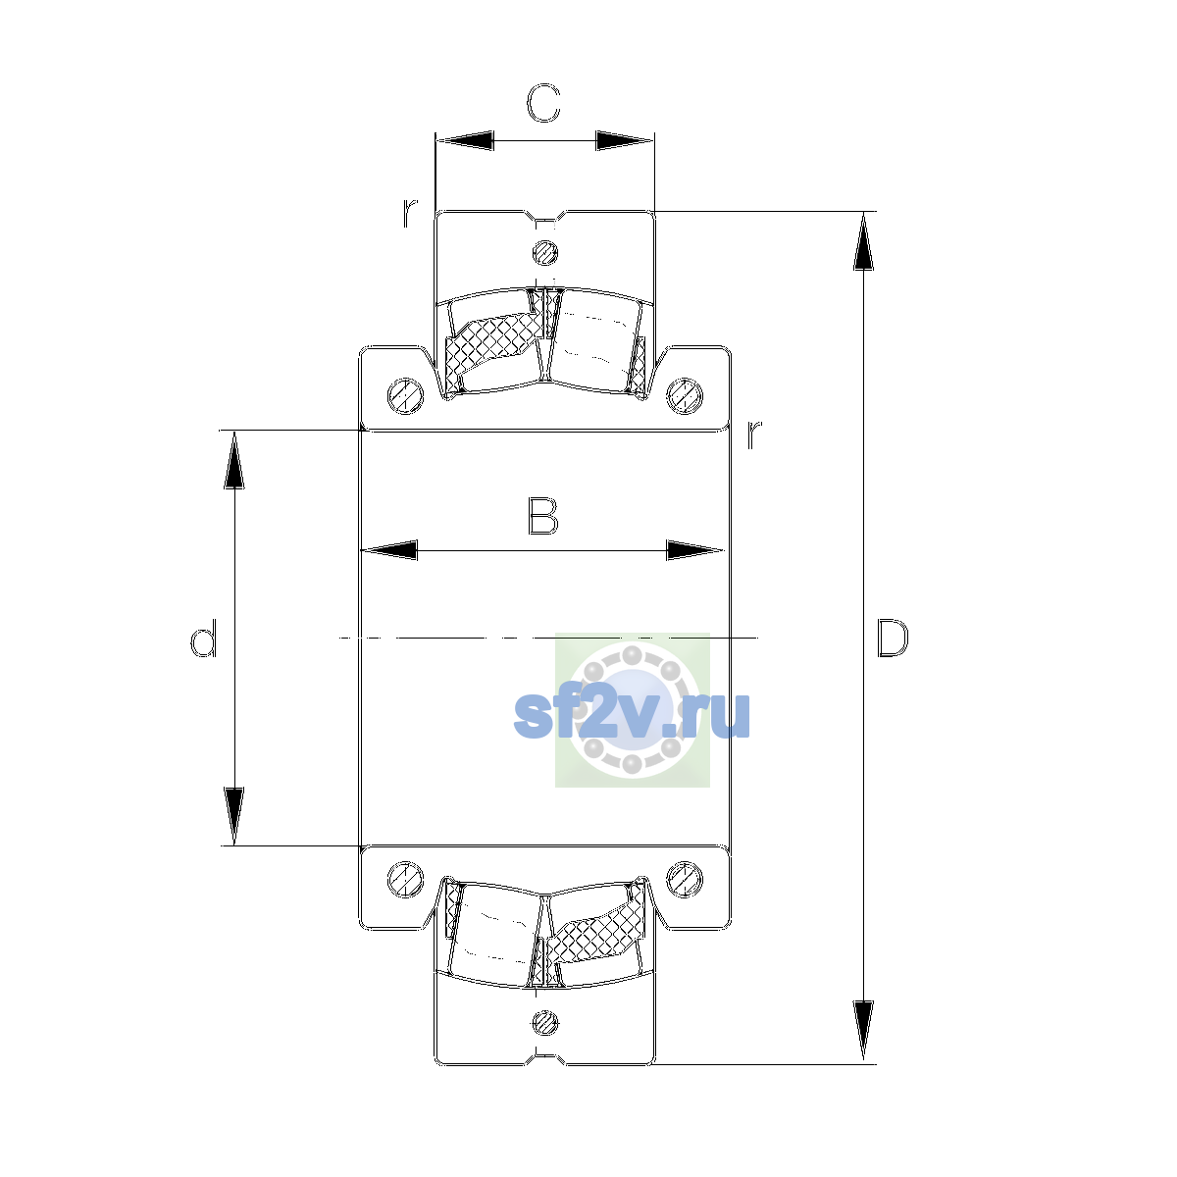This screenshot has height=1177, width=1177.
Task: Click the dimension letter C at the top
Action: [543, 103]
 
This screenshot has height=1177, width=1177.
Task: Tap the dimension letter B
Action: [543, 517]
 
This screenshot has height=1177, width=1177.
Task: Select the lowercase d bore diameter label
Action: [203, 639]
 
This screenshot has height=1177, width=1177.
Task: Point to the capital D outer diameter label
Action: [893, 639]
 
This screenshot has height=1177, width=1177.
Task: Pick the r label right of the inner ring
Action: [754, 435]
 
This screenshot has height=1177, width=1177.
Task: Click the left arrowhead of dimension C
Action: [464, 140]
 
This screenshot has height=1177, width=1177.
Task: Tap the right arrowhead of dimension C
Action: [624, 140]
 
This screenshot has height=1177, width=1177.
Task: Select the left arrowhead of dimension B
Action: [389, 550]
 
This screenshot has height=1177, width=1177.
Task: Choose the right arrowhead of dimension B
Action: [694, 550]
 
